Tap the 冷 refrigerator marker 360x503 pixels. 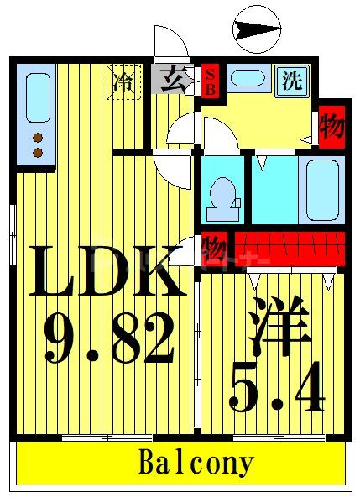coord(123,82)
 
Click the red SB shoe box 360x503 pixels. coord(210,81)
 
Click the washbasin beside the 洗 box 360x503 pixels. coord(248,80)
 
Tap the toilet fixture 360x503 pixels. coord(222,193)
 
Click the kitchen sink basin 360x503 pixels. coord(37,97)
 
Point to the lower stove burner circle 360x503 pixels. coord(37,152)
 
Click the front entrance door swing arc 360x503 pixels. coord(172,42)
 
